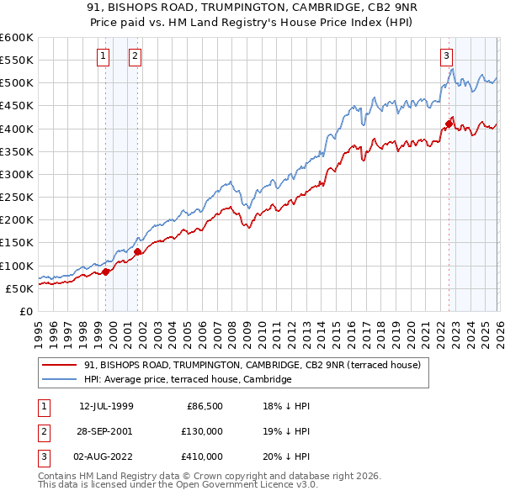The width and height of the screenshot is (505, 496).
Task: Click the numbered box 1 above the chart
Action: [104, 56]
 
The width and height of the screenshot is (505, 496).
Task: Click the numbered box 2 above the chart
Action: [134, 56]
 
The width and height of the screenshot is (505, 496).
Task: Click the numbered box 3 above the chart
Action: [446, 56]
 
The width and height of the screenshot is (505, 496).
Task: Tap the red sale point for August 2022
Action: [449, 124]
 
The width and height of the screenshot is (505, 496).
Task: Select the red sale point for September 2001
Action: [137, 251]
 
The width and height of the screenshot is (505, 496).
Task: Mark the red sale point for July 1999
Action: [105, 271]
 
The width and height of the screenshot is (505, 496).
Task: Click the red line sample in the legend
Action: [60, 365]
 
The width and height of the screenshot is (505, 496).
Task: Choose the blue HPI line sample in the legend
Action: [60, 379]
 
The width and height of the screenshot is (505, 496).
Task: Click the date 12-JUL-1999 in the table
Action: [107, 406]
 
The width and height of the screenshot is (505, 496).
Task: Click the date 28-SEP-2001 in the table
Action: [107, 431]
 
